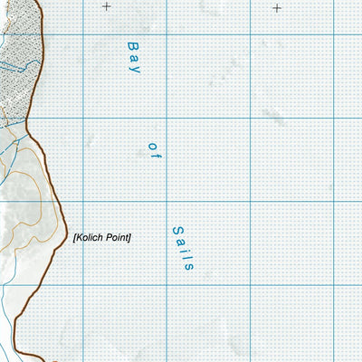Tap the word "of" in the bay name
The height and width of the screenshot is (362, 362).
coord(153,151)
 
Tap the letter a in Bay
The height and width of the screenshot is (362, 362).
coord(135,56)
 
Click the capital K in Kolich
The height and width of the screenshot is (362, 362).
coord(80,238)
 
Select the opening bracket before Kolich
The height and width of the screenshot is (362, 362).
coord(74,238)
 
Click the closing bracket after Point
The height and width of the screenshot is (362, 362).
coord(130,238)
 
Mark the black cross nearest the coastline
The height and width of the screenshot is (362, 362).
coord(107,7)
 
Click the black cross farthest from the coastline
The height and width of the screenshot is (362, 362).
coord(277,7)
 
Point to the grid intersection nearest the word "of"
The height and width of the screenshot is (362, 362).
coord(167,118)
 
